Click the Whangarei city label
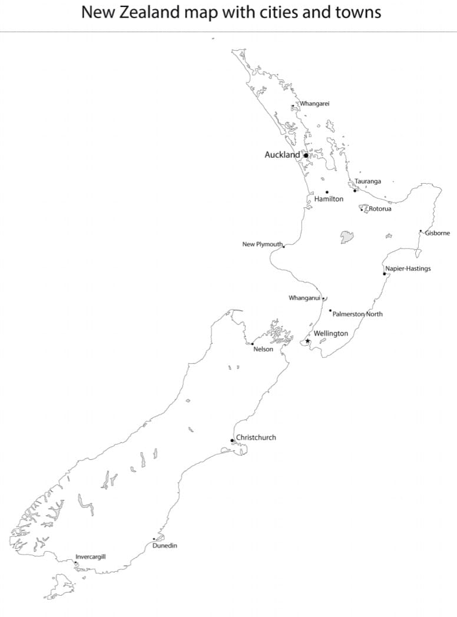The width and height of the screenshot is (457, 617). tap(315, 104)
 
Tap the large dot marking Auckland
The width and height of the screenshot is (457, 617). tap(306, 155)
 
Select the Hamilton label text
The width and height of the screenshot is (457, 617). tap(329, 199)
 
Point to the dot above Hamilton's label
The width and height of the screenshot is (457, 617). tap(327, 192)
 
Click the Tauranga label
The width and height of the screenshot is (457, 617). tap(367, 181)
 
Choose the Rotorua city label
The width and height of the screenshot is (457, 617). tap(380, 209)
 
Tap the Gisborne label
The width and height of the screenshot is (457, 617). tap(437, 233)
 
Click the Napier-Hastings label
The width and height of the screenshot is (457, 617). tap(408, 268)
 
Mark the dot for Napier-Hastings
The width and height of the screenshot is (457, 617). tap(385, 274)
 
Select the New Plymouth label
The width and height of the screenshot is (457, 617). tap(263, 244)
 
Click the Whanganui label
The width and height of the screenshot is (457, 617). tap(304, 298)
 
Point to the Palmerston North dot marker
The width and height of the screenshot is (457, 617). tap(330, 310)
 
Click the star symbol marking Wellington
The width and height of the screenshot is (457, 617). tap(307, 341)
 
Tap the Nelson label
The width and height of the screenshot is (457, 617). tap(263, 349)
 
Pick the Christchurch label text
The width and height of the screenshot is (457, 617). tap(256, 437)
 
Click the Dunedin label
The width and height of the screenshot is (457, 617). tap(164, 546)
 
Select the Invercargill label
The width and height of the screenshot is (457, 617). tap(91, 556)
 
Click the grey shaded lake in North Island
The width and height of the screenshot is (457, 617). tap(347, 237)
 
